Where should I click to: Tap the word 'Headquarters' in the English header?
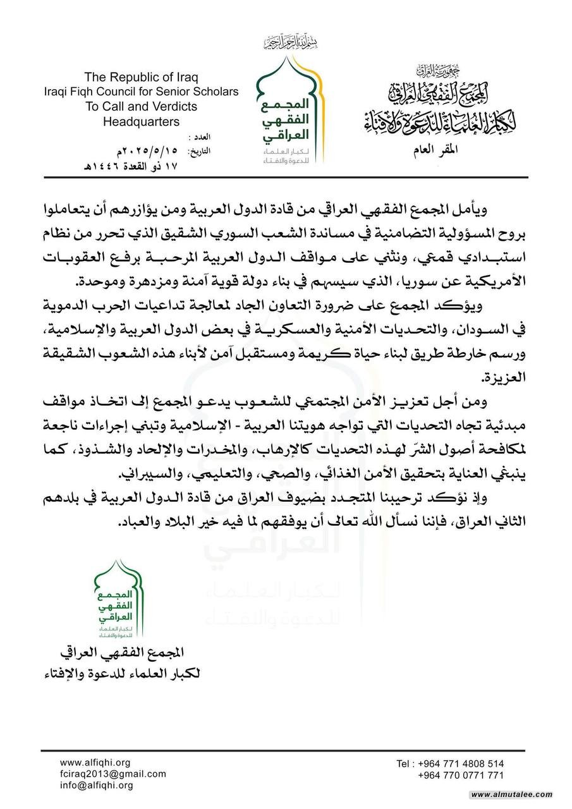(x=141, y=121)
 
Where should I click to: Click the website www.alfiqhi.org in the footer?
(x=95, y=763)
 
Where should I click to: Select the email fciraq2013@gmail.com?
(x=113, y=774)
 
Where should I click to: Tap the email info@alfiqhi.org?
(x=97, y=785)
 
